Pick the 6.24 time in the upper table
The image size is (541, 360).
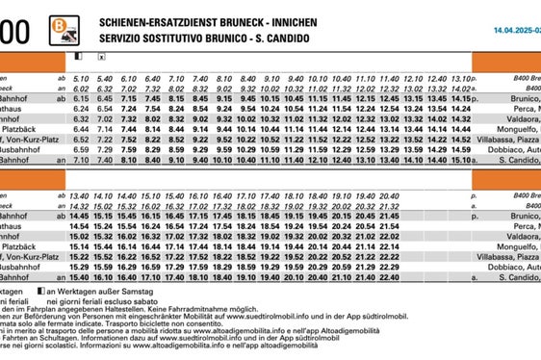pyautogui.click(x=81, y=109)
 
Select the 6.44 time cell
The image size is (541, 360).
pyautogui.click(x=81, y=129)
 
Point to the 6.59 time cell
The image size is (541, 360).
pyautogui.click(x=81, y=150)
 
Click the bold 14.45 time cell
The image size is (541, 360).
pyautogui.click(x=81, y=216)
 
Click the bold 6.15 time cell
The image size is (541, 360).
pyautogui.click(x=81, y=98)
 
